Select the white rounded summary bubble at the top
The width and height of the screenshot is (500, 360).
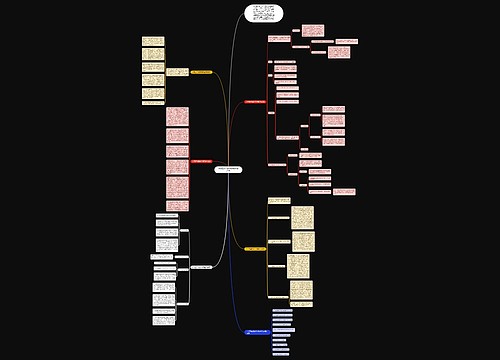[x=264, y=13]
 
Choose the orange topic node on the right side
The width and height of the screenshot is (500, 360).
[x=254, y=248]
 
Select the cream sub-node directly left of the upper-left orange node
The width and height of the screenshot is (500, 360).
[x=177, y=72]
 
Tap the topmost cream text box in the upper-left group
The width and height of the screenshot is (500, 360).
[x=153, y=41]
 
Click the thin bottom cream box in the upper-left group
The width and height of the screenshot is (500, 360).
[x=153, y=103]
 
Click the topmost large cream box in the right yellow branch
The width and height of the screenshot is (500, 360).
[x=303, y=216]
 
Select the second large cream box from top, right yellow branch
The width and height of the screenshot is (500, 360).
[x=304, y=241]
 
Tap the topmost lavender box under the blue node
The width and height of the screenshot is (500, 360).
[x=283, y=310]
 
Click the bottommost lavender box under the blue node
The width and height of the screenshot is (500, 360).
[x=282, y=353]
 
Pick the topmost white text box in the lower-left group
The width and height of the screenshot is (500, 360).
[x=166, y=217]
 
